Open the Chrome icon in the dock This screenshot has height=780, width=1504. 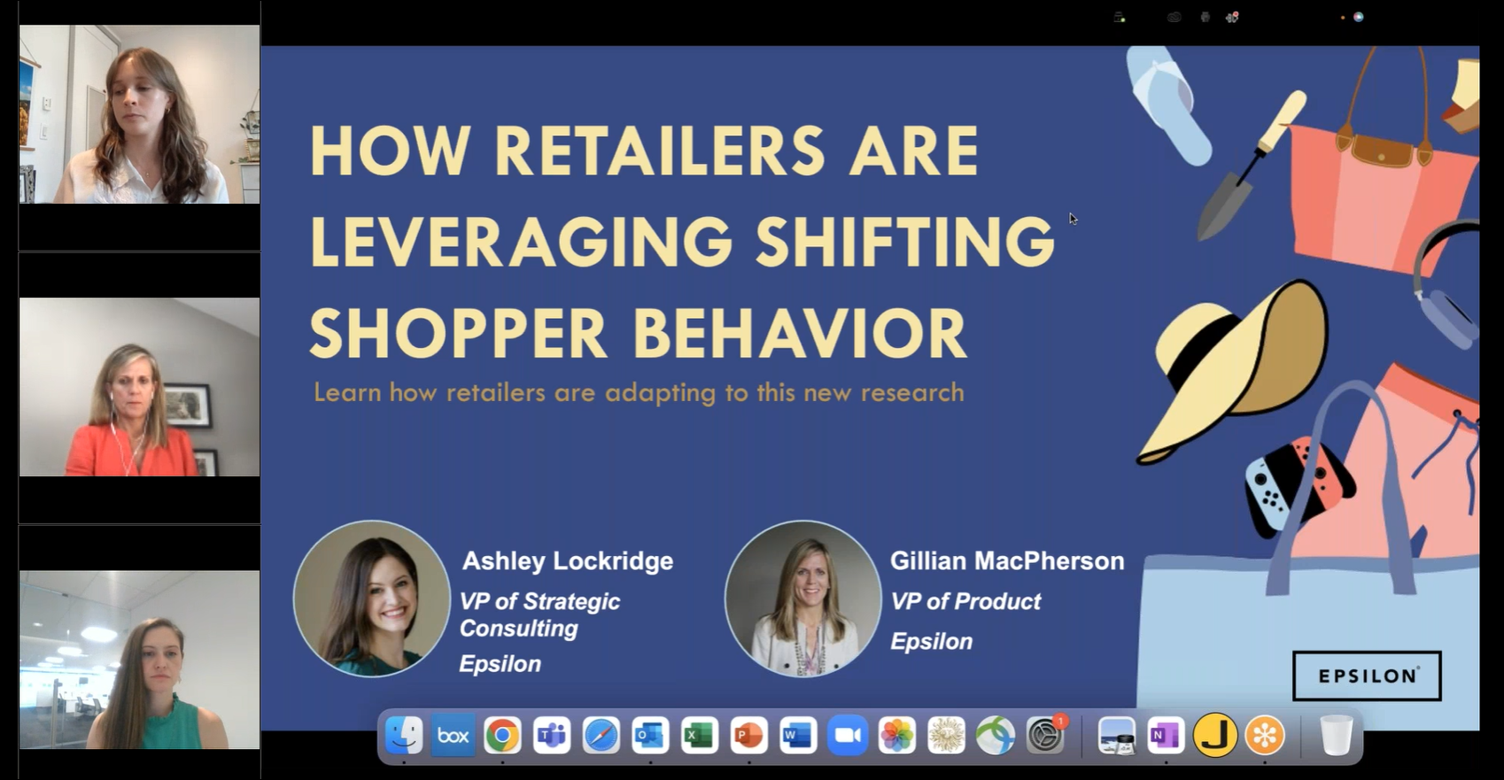click(502, 736)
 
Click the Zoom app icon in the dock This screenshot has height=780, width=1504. click(848, 736)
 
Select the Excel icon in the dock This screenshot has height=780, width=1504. click(699, 736)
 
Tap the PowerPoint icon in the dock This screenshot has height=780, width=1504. click(748, 736)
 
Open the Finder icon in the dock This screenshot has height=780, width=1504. click(404, 736)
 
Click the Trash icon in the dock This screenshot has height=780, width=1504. click(1336, 736)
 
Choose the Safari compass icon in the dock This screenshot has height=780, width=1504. click(601, 736)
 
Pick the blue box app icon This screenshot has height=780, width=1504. click(453, 736)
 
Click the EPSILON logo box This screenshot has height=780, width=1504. click(1367, 676)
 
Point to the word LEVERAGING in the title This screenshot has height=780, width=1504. click(521, 242)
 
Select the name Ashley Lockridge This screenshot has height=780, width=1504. click(568, 561)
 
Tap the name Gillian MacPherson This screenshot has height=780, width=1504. click(1007, 561)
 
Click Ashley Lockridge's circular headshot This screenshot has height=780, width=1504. click(372, 599)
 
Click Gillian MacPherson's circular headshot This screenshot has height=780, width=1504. click(802, 599)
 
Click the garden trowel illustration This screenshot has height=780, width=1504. click(1249, 168)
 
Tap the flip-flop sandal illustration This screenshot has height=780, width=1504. click(1169, 102)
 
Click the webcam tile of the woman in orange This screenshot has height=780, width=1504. click(140, 387)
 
